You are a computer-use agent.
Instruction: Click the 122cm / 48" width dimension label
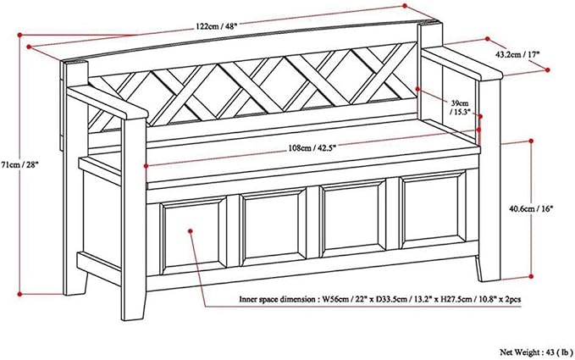point(217,26)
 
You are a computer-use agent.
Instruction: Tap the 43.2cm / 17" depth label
point(518,55)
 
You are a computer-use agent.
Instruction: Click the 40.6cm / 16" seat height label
point(531,209)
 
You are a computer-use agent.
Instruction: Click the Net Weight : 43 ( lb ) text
point(535,352)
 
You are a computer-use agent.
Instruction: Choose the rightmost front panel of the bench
point(433,211)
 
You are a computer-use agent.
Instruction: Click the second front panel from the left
point(274,226)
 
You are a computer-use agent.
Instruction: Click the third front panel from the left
point(353,219)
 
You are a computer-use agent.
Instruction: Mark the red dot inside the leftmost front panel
point(191,231)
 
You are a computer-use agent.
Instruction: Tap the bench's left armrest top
point(107,102)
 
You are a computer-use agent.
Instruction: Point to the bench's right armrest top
point(462,63)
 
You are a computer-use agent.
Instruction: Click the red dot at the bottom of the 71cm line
point(19,294)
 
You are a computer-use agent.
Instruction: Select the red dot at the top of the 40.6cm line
point(531,141)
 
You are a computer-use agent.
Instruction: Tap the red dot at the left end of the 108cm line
point(146,166)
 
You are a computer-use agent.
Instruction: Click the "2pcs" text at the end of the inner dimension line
point(512,300)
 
